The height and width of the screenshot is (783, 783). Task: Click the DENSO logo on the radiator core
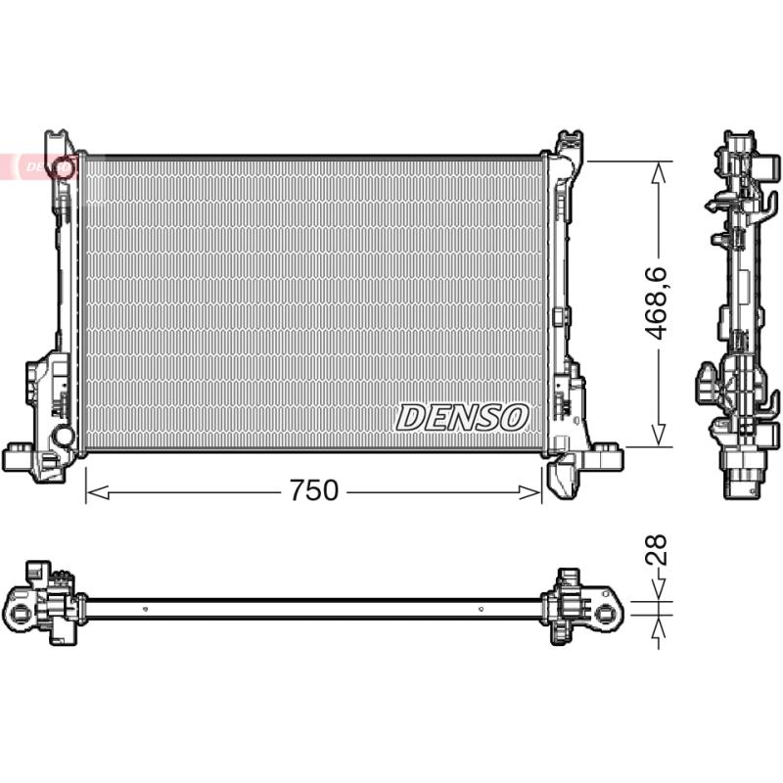click(462, 418)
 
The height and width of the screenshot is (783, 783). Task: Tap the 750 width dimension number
click(314, 490)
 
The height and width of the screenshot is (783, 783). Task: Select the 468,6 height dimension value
click(656, 303)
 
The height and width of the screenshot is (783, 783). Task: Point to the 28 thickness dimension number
click(656, 550)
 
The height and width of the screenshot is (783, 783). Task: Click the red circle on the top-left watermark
click(64, 167)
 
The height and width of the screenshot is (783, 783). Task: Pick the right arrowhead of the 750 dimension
click(530, 493)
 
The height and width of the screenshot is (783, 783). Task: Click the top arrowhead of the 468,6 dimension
click(659, 173)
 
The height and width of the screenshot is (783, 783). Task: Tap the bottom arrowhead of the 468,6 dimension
click(659, 435)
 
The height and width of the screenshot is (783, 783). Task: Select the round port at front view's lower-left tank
click(64, 436)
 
